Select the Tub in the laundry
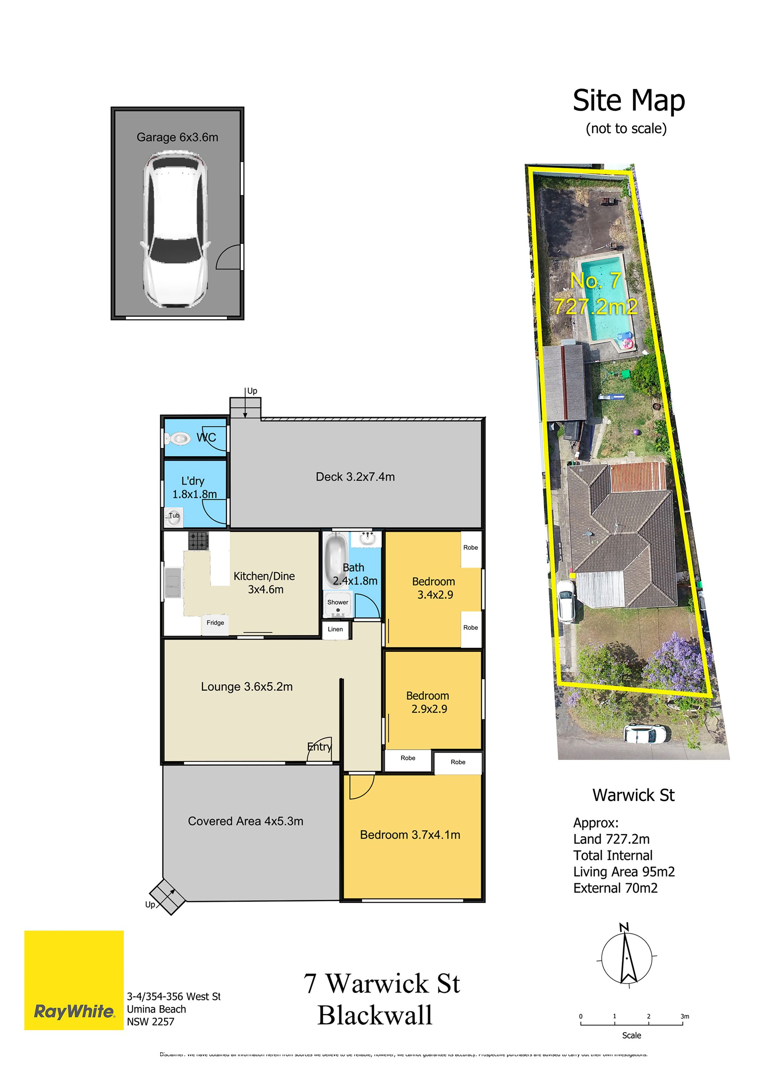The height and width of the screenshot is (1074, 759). point(173,517)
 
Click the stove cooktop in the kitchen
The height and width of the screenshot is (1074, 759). point(198,541)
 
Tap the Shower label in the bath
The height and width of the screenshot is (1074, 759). point(338,602)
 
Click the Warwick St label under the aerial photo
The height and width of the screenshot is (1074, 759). point(633,795)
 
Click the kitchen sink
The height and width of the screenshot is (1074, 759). point(173,582)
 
